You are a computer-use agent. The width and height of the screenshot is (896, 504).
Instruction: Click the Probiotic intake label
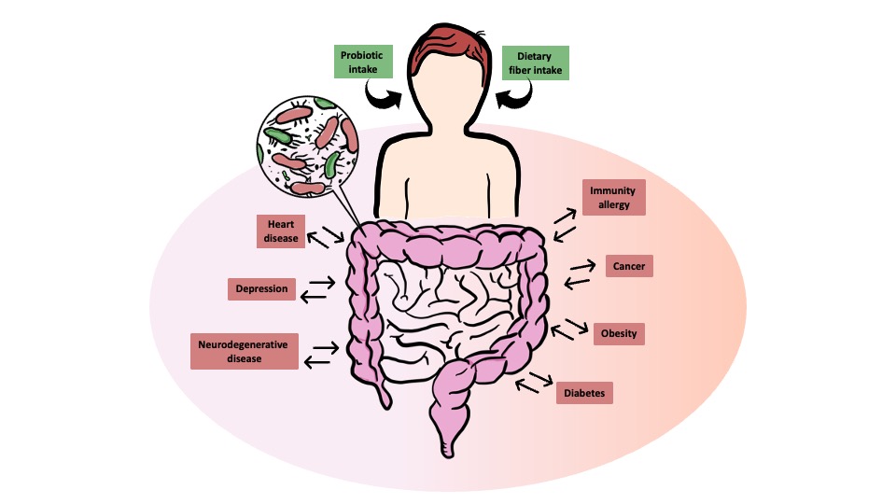click(x=363, y=62)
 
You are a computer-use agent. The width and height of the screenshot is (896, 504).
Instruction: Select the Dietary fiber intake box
click(x=535, y=63)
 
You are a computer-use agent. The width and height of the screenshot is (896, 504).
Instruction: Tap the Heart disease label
click(x=281, y=231)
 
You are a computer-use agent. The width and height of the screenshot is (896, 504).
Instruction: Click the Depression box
click(x=261, y=289)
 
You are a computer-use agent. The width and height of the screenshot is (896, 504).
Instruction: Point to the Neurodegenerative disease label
click(x=244, y=352)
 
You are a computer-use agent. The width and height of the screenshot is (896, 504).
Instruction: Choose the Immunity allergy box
click(x=614, y=198)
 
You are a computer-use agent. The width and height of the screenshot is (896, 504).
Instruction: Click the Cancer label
click(x=629, y=266)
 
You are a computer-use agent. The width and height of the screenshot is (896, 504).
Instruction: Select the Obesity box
click(x=619, y=334)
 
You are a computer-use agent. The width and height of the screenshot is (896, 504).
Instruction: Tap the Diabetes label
click(x=584, y=393)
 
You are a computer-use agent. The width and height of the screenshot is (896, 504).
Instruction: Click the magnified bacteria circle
click(x=307, y=147)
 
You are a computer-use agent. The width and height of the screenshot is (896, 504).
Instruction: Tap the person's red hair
click(x=450, y=47)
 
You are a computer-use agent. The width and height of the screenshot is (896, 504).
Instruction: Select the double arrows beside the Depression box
click(x=317, y=289)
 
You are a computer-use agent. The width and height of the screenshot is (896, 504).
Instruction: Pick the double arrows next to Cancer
click(x=580, y=274)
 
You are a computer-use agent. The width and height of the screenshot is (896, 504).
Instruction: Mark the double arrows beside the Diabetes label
click(x=534, y=383)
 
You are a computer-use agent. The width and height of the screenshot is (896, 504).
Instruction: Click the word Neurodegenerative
click(x=243, y=344)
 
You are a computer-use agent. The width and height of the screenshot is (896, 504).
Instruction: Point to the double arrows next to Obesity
click(x=569, y=329)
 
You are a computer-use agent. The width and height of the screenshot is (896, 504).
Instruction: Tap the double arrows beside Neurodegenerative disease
click(x=321, y=355)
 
